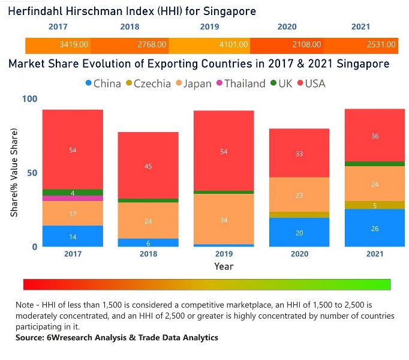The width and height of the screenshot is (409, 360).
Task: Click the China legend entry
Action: (103, 83)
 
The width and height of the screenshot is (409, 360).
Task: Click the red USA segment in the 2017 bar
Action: (73, 149)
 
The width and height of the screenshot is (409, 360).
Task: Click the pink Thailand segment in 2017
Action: (73, 198)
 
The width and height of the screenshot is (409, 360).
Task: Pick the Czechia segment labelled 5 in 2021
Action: (375, 205)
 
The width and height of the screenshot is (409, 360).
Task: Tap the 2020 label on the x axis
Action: (299, 254)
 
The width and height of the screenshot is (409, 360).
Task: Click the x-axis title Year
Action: (224, 266)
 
